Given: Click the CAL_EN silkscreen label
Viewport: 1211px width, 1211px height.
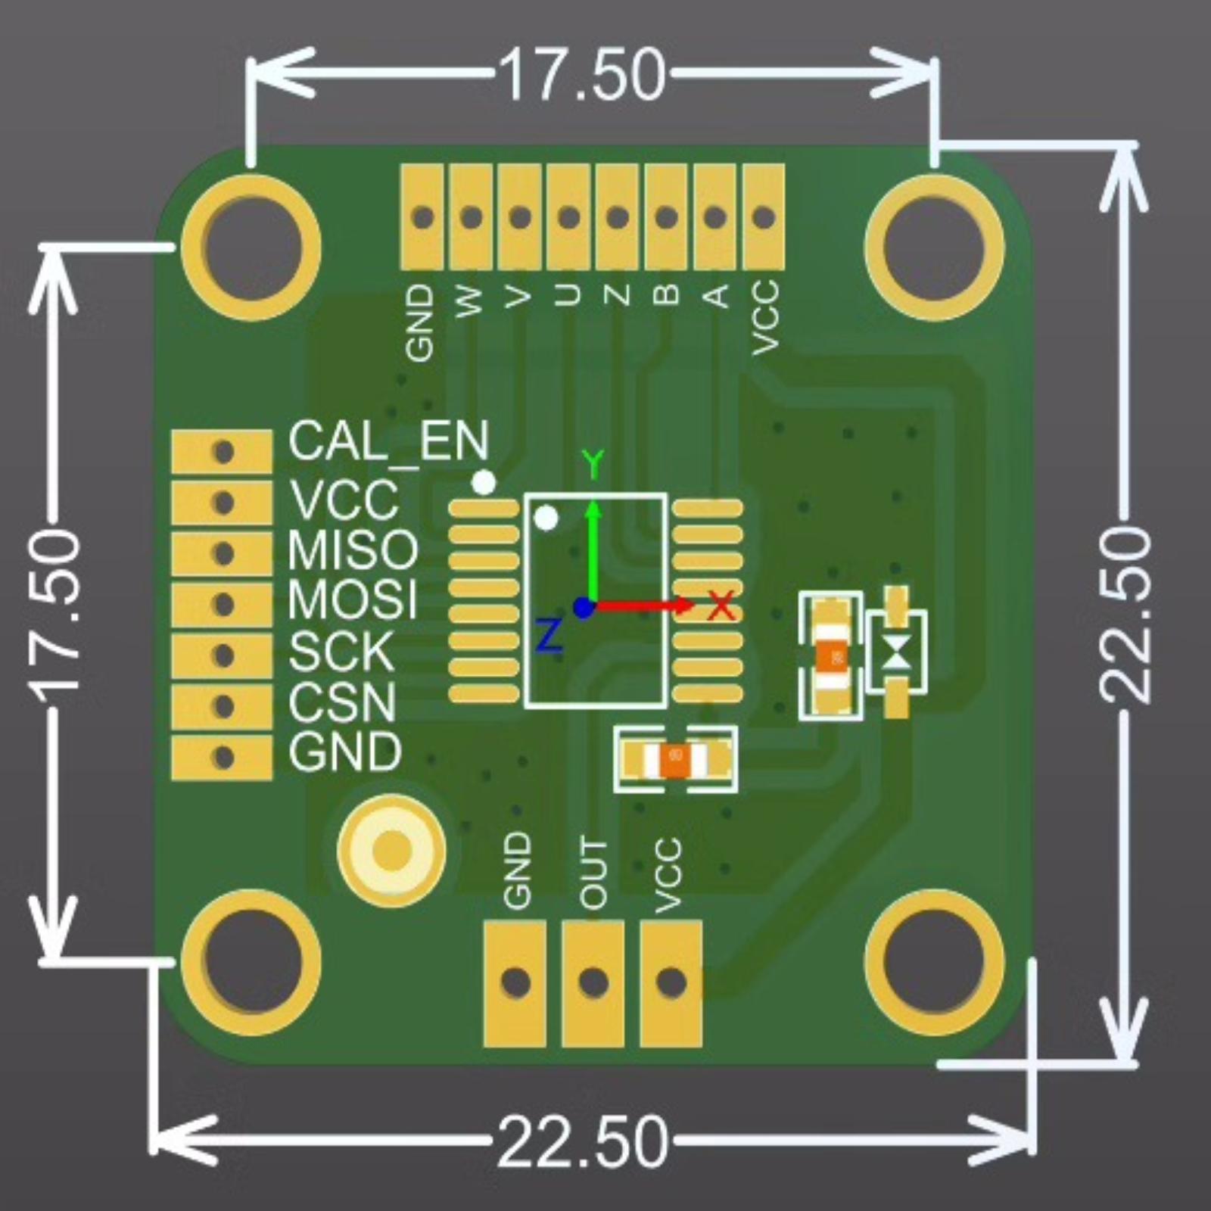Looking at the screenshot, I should point(388,441).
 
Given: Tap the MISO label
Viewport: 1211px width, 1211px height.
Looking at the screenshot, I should point(352,549).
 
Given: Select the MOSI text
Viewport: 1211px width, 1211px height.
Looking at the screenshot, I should point(352,600).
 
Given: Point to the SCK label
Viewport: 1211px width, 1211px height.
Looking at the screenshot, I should point(341,651).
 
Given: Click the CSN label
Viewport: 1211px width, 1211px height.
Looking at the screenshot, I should point(341,702).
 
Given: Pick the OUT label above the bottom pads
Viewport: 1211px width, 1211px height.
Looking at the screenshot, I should point(593,873).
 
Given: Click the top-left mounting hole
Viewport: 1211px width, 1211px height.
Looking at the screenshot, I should point(251,247).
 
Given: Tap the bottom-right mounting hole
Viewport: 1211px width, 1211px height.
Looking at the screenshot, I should point(934,962).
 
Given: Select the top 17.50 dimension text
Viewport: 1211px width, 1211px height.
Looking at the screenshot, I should point(581,75).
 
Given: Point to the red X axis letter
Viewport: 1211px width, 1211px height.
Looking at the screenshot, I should point(721,605).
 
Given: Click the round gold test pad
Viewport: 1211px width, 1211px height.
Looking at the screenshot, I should point(391,850).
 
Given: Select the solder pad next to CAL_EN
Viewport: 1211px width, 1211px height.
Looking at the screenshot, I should point(222,452).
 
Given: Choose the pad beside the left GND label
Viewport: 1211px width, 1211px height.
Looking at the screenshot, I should point(222,757).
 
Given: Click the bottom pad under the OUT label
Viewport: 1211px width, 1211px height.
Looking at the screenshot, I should point(593,982).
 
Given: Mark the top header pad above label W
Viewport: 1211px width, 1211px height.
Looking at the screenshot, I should point(471,217).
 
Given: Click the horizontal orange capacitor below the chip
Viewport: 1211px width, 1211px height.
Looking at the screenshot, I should point(674,759).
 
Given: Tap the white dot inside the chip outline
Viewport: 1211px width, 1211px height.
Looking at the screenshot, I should point(546,518).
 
